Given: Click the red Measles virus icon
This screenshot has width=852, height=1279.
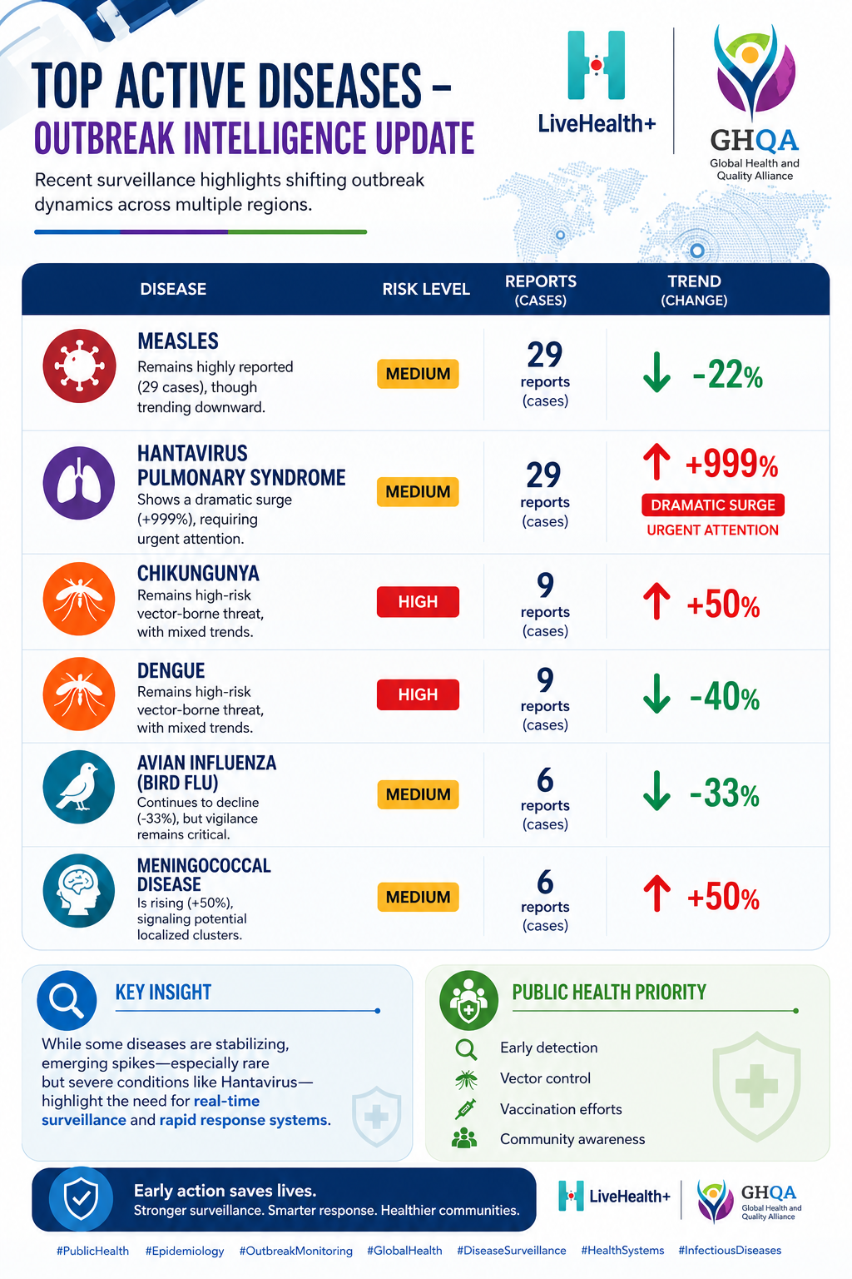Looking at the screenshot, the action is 79,366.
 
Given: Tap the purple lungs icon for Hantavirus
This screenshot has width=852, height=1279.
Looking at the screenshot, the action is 79,483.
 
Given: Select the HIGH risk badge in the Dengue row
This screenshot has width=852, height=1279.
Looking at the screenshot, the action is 418,694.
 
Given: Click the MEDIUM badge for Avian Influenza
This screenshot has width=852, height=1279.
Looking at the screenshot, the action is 418,794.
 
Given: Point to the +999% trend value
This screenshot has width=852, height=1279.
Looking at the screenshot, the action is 731,463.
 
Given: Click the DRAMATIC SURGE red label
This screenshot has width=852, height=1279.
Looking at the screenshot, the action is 713,505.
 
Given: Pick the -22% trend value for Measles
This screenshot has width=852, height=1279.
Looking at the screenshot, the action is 727,375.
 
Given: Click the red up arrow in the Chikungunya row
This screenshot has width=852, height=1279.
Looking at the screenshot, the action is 656,600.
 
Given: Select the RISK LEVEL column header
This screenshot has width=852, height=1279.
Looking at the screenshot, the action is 426,289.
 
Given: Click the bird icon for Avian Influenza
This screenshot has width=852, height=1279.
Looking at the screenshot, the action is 79,787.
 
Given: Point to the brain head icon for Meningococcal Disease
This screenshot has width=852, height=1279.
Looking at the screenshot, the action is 79,890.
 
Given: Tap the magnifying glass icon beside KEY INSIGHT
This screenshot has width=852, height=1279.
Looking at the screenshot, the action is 67,1000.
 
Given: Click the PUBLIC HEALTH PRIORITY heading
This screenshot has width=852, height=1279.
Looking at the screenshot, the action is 609,993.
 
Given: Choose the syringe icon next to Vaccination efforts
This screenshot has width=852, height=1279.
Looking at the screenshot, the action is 466,1109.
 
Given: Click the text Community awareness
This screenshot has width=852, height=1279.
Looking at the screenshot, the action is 572,1139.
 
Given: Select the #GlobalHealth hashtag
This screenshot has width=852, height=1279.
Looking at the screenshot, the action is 404,1251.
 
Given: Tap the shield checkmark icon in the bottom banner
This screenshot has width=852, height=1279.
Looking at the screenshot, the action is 81,1198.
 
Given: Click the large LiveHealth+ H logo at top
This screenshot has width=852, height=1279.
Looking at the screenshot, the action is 597,65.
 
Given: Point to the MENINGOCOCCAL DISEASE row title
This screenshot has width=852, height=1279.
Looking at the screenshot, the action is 204,875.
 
